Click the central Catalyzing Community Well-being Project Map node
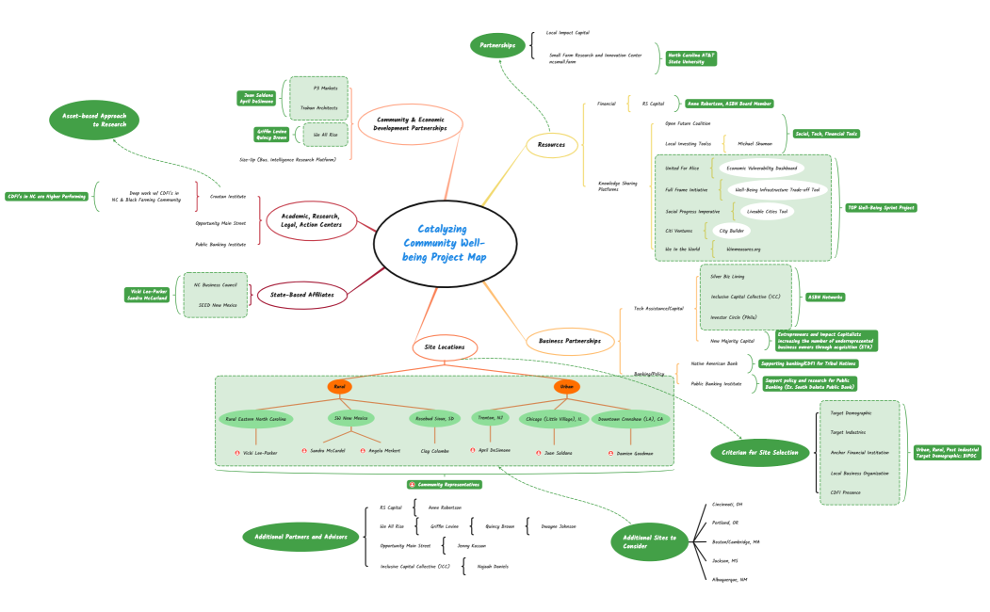445,243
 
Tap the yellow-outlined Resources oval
551,144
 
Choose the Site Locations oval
445,346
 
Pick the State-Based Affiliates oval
302,294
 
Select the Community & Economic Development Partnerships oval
411,123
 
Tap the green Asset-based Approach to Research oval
94,120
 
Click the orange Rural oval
340,387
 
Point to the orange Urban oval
567,387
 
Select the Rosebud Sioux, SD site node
433,418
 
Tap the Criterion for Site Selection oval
760,453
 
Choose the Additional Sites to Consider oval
649,541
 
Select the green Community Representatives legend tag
445,484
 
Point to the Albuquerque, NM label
730,579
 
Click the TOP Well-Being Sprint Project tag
881,207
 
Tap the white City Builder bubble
731,230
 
